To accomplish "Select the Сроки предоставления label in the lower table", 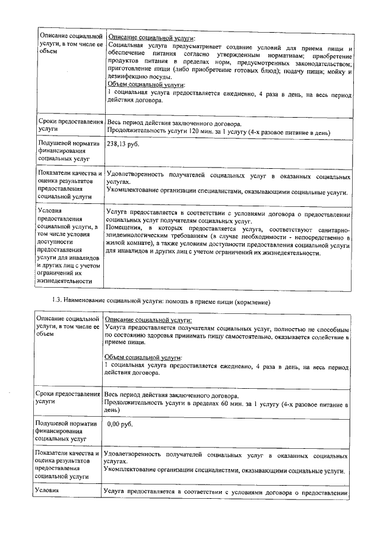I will point(66,394).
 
